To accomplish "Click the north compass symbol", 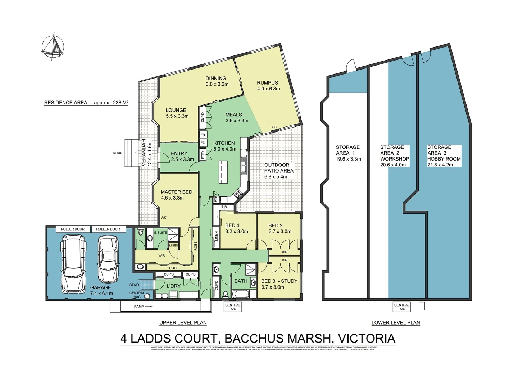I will (53, 46).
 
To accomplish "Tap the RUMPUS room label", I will (268, 85).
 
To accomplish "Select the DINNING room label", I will (216, 81).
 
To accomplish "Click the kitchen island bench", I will (223, 172).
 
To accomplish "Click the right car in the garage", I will (108, 259).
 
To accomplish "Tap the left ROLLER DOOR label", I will (73, 229).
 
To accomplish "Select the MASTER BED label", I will (176, 195).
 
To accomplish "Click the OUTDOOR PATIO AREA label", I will (279, 171).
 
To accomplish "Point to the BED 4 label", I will (236, 228).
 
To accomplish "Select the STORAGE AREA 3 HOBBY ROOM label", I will (444, 156).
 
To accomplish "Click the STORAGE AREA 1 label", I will (348, 153).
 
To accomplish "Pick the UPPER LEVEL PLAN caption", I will (183, 323).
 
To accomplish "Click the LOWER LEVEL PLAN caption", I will (395, 323).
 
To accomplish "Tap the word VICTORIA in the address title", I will (367, 339).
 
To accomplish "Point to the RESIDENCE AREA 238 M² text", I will (86, 103).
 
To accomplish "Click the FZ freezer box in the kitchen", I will (203, 143).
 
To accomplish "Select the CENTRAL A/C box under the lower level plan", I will (402, 307).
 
